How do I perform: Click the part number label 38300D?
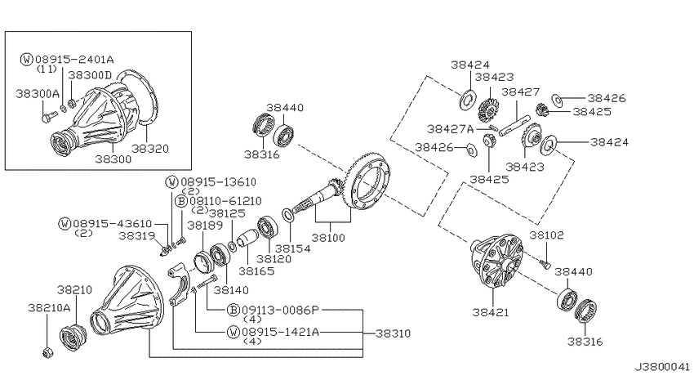click(90, 75)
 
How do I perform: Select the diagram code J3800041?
click(662, 367)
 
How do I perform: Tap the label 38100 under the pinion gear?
click(328, 237)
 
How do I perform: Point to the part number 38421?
click(491, 312)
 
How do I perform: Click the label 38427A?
click(450, 129)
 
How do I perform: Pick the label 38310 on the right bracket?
click(393, 333)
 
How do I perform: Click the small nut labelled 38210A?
click(47, 353)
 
